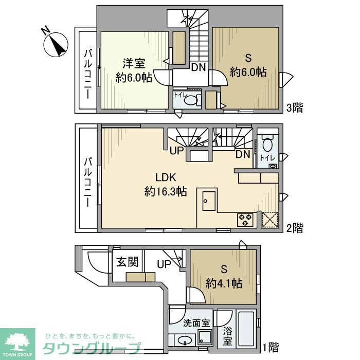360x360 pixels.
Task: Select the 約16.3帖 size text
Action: pyautogui.click(x=165, y=192)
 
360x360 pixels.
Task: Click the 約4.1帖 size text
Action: pyautogui.click(x=224, y=283)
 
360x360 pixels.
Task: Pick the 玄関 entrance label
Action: pyautogui.click(x=127, y=262)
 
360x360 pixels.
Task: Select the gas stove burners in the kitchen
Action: pyautogui.click(x=245, y=220)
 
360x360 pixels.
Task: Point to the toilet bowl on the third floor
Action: pyautogui.click(x=191, y=100)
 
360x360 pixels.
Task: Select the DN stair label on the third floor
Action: pyautogui.click(x=199, y=67)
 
